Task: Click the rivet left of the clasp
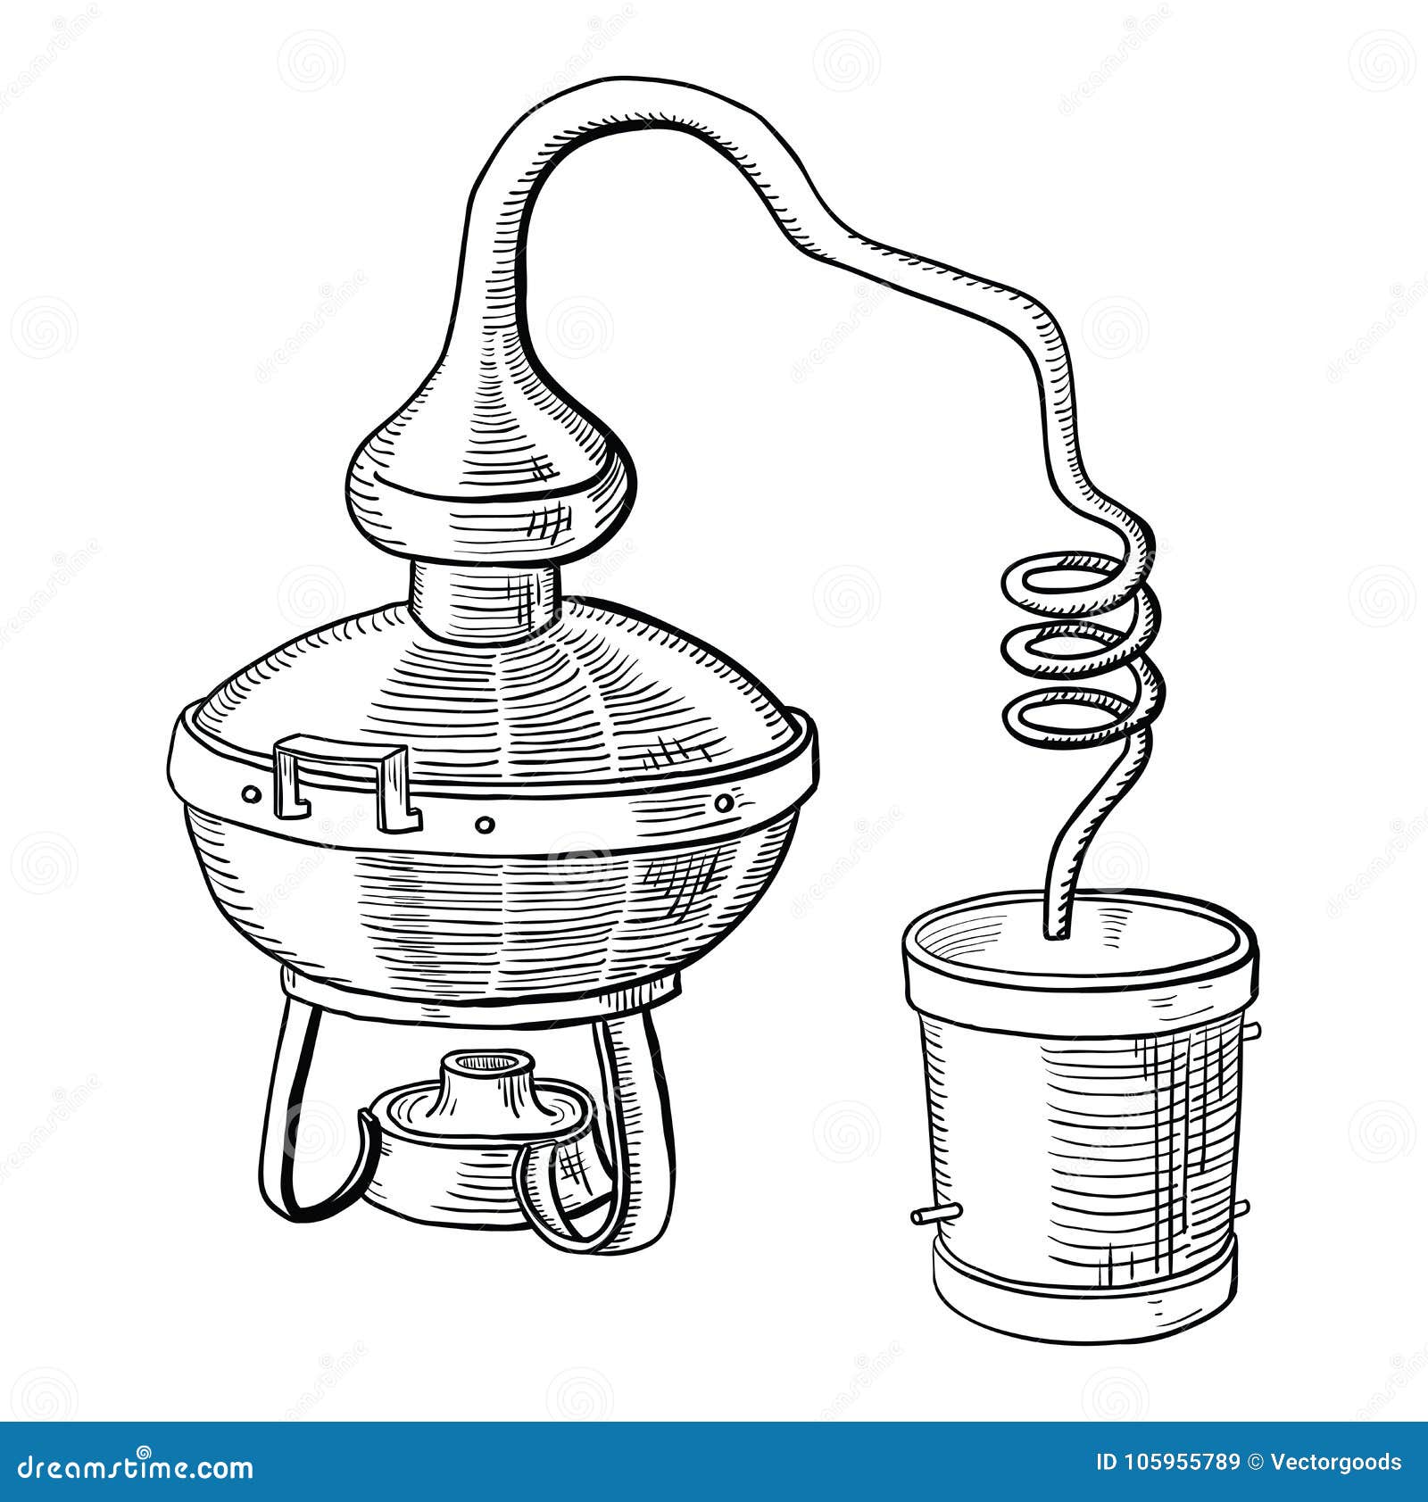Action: (x=252, y=792)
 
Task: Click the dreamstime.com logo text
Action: (x=129, y=1464)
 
